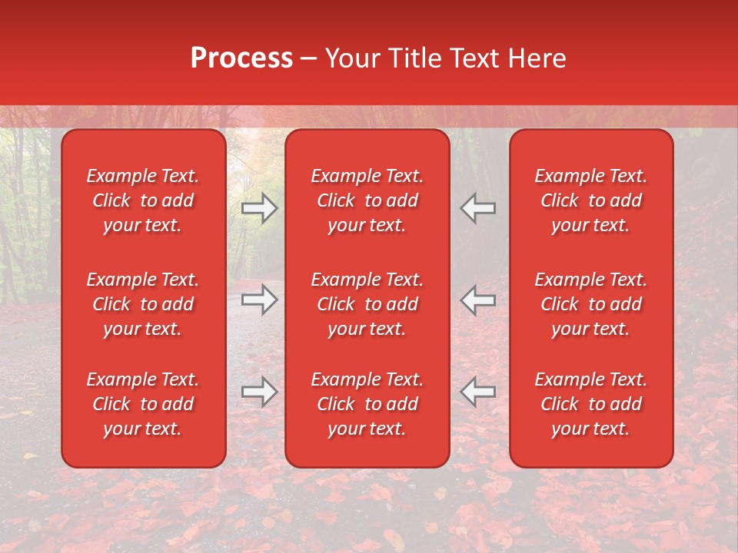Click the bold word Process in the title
coord(241,58)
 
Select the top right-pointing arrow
coord(260,208)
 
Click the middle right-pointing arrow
coord(260,300)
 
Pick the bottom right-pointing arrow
coord(260,392)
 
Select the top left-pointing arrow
coord(478,208)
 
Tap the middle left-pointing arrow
coord(478,300)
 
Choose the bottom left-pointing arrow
coord(478,392)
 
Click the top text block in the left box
coord(143,200)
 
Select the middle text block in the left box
coord(143,304)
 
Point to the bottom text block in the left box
coord(143,404)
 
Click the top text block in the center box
coord(367,200)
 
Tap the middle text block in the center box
coord(367,304)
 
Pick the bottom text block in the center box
coord(367,404)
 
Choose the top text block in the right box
coord(591,200)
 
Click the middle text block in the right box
coord(591,304)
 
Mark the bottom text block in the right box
coord(591,404)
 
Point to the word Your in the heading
coord(352,58)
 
